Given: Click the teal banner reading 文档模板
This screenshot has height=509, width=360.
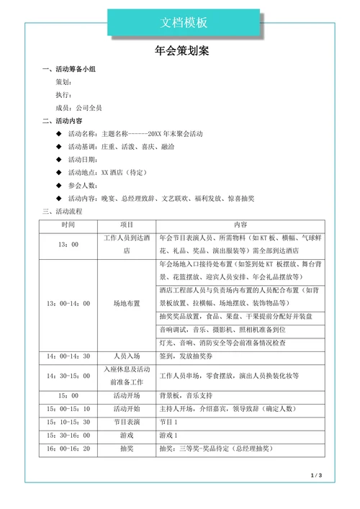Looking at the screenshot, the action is point(183,23).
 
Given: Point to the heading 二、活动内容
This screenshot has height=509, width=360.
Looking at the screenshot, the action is point(62,121).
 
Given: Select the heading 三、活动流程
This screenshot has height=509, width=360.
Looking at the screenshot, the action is point(63,212).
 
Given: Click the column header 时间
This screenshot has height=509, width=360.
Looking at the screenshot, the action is point(68,225).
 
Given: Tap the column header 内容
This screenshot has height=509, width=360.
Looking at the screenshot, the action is point(240,225).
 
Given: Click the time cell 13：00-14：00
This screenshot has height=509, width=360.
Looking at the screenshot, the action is point(68,303).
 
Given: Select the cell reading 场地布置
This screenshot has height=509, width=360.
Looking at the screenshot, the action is point(127,303).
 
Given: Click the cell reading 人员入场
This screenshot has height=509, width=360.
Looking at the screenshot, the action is point(127,356).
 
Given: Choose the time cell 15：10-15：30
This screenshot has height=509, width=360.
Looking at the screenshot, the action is point(68,421).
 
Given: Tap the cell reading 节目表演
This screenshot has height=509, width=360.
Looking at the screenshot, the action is point(127,421).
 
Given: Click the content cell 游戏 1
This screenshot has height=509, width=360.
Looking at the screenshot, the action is point(168,435).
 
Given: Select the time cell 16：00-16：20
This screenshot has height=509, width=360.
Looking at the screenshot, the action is point(68,448).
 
